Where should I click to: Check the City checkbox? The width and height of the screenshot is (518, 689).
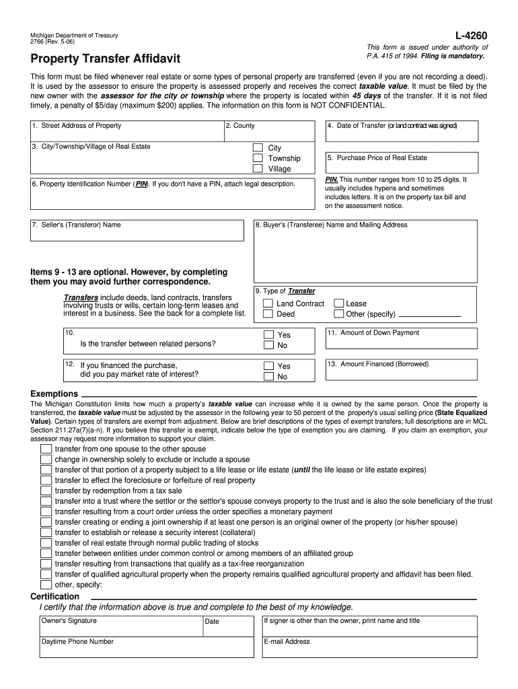click(x=258, y=148)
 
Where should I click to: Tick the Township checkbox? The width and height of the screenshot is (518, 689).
click(x=258, y=159)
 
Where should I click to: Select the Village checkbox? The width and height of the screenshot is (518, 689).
click(x=258, y=169)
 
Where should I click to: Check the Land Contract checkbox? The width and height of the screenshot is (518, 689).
click(x=268, y=303)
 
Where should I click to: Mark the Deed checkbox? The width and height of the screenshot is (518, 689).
click(x=268, y=314)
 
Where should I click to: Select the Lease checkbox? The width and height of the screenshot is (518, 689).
click(x=339, y=303)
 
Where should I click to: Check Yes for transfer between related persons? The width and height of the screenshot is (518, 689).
click(x=268, y=334)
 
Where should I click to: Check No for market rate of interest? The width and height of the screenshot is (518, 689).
click(x=268, y=377)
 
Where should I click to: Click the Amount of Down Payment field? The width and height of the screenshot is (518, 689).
click(x=402, y=340)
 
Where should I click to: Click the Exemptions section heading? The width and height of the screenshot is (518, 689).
click(x=54, y=394)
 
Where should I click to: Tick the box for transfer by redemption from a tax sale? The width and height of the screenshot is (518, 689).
click(x=46, y=491)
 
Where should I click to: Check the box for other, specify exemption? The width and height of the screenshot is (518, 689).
click(x=46, y=585)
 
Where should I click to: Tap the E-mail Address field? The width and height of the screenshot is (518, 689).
click(x=369, y=647)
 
